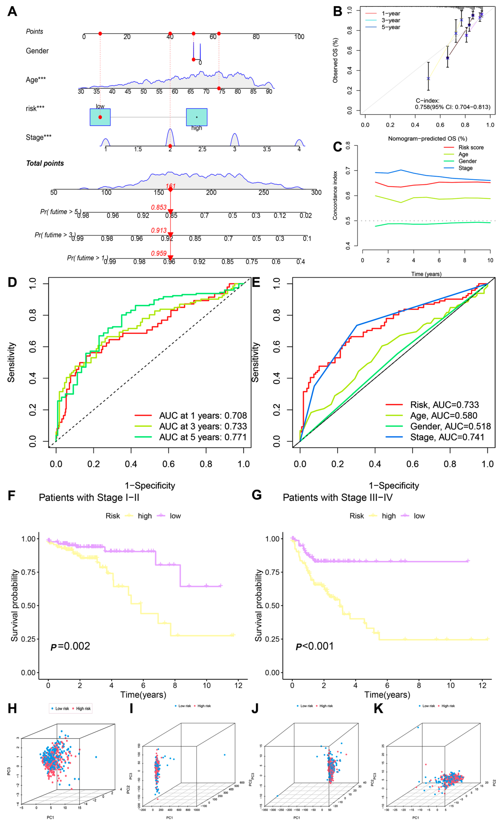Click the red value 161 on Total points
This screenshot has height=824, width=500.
click(170, 186)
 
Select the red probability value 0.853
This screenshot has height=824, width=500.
click(159, 207)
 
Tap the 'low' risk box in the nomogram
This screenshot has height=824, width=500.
click(100, 117)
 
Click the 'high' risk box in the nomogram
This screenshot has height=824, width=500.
click(197, 117)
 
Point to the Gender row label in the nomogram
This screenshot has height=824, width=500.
click(38, 51)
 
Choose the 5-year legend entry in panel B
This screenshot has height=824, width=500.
click(391, 27)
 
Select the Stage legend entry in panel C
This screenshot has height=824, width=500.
click(465, 168)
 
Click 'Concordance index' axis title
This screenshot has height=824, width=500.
click(335, 196)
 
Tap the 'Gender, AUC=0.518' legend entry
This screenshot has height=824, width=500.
click(450, 426)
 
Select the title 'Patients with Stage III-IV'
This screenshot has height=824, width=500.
click(338, 498)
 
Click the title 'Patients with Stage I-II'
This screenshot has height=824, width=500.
click(89, 498)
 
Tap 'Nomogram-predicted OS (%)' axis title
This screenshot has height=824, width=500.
click(427, 139)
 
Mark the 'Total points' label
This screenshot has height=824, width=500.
click(45, 163)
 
